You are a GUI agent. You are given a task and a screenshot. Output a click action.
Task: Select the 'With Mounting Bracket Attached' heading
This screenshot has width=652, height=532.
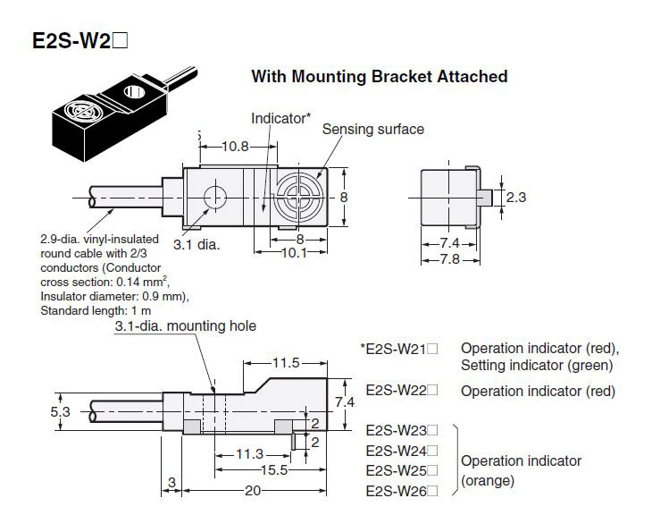pyautogui.click(x=379, y=76)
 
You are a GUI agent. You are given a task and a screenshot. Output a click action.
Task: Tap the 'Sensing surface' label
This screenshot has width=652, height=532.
pyautogui.click(x=372, y=130)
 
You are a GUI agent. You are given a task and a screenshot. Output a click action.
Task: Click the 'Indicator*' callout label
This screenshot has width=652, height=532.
pyautogui.click(x=280, y=118)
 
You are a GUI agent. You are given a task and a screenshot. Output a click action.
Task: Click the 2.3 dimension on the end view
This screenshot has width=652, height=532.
pyautogui.click(x=515, y=197)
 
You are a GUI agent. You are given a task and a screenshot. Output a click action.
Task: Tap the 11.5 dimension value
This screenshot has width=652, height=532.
pyautogui.click(x=286, y=363)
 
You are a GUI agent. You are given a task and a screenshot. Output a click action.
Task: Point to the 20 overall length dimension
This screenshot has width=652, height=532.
pyautogui.click(x=252, y=491)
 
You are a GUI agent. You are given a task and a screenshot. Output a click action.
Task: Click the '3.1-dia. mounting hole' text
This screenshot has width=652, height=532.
pyautogui.click(x=185, y=326)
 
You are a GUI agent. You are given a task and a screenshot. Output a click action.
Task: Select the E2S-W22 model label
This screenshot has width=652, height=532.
pyautogui.click(x=402, y=390)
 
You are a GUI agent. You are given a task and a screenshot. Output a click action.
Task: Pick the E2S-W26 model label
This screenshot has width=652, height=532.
pyautogui.click(x=402, y=491)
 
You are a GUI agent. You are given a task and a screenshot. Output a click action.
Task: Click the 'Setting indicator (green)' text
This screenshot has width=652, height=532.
pyautogui.click(x=536, y=364)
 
